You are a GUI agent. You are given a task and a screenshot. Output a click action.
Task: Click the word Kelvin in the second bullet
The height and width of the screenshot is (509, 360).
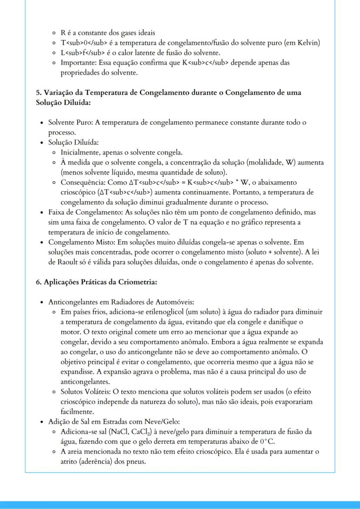pos(310,42)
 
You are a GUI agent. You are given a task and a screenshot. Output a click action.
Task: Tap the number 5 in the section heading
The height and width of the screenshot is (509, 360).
pos(38,93)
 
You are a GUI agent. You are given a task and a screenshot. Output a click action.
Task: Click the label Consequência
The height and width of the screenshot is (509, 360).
pos(81,182)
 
